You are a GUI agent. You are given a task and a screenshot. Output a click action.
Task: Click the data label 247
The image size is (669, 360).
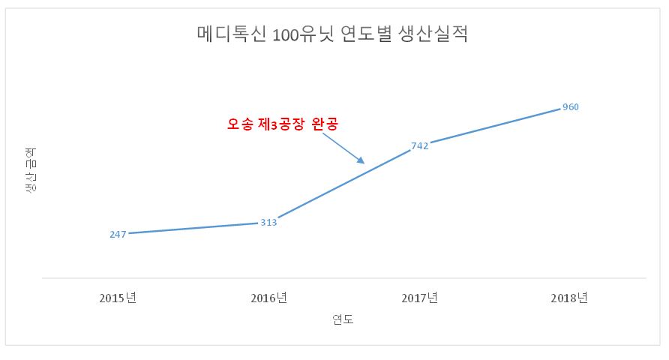(118, 235)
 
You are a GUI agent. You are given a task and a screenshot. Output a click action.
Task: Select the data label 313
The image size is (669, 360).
(268, 223)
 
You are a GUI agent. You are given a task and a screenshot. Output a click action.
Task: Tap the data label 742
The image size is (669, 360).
(420, 146)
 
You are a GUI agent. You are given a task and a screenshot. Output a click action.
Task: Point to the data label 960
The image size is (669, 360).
(571, 107)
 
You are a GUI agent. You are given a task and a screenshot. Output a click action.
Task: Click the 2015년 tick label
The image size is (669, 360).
(118, 298)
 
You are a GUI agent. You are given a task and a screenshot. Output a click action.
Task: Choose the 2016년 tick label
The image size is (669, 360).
(268, 298)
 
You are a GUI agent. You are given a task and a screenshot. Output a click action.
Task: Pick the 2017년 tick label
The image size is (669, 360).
(419, 298)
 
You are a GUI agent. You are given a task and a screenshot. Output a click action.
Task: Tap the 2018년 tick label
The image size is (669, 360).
(569, 298)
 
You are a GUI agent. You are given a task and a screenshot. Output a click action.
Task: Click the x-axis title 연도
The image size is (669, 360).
(343, 320)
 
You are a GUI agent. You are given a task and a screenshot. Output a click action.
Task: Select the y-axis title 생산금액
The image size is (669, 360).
(31, 171)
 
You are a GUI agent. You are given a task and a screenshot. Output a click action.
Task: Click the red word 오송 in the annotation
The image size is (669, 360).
(243, 124)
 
